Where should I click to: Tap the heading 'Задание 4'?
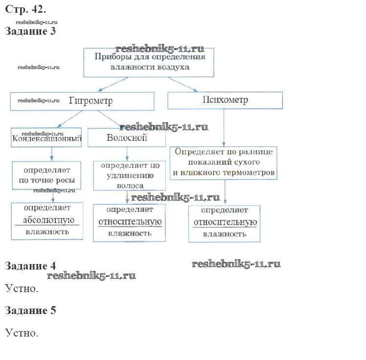coord(30,266)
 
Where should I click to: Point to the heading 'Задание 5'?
coord(30,310)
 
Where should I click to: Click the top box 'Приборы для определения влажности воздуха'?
coord(149,62)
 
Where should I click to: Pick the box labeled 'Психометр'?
coord(225,100)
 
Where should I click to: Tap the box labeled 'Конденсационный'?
coord(46,138)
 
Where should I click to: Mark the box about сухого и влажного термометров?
coord(224,162)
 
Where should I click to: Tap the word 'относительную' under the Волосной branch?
coord(130,221)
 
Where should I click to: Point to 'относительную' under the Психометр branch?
coord(225,222)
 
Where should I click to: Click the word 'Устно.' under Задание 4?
coord(22,289)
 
